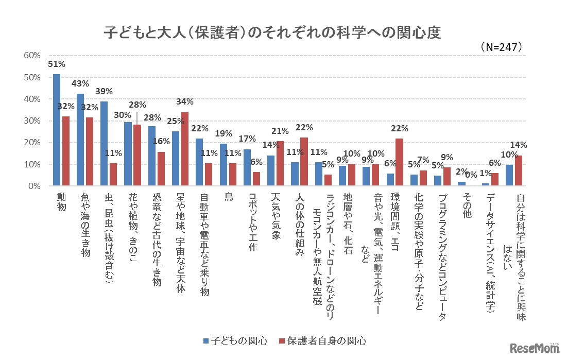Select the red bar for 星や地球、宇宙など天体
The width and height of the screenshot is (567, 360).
point(185,149)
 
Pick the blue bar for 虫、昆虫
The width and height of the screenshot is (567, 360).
point(104,144)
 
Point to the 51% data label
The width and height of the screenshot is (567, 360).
point(56,64)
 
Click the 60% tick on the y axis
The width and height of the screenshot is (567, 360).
point(32,56)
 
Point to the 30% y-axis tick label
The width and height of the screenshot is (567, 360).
point(32,121)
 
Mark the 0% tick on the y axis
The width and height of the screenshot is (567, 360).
point(35,186)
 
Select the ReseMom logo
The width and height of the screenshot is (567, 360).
point(536,348)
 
